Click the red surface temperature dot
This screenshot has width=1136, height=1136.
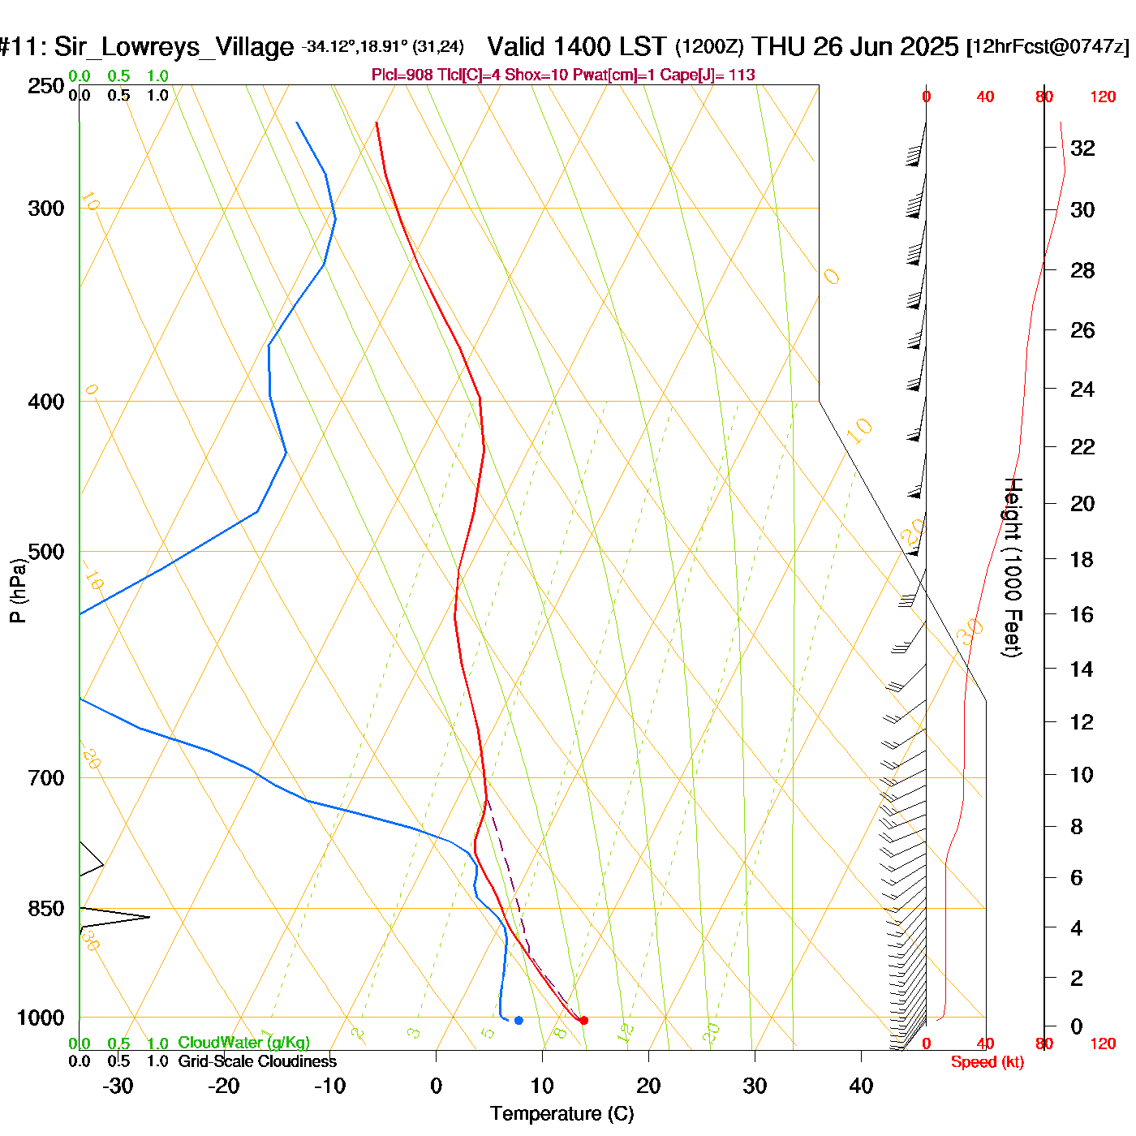583,1020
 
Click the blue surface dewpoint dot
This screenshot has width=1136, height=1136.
519,1020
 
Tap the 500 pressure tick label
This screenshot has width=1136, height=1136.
46,552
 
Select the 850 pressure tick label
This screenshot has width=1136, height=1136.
46,909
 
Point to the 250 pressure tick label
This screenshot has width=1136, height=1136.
46,86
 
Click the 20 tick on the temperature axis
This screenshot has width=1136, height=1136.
648,1085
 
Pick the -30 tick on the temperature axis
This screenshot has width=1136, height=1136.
118,1085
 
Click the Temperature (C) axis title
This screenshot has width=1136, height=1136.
562,1114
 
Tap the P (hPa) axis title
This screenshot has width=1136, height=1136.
18,591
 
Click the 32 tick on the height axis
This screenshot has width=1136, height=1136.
1082,148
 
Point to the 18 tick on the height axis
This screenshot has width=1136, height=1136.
1082,559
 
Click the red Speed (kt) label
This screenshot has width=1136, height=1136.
987,1062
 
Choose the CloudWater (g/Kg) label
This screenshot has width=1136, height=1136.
243,1043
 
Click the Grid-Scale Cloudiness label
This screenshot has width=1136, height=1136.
257,1061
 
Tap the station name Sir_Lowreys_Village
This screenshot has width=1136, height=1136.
174,47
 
